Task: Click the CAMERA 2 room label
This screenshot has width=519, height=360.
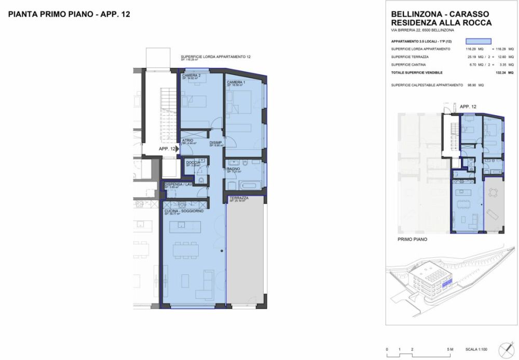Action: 190,75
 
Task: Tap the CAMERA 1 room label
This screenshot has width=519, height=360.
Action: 234,82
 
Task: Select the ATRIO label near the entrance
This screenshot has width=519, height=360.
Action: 187,141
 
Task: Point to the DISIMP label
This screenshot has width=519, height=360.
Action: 216,143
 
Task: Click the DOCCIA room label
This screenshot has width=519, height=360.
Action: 193,162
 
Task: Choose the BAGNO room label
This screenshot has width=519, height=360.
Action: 233,169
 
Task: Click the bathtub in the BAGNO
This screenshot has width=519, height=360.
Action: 247,185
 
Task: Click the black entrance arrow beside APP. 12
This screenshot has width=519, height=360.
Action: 177,149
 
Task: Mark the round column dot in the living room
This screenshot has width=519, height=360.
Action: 222,251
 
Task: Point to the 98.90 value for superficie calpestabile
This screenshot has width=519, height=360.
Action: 472,85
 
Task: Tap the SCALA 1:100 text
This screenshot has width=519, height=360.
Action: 475,350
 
